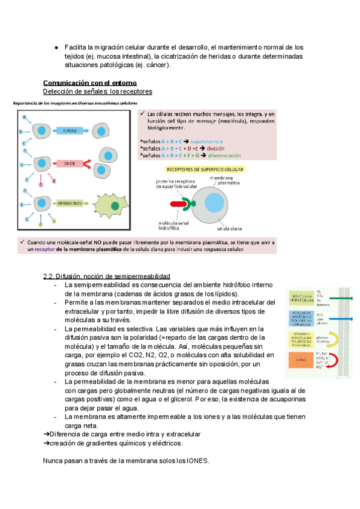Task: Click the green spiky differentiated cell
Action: (113, 206)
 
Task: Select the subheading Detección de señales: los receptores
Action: (98, 91)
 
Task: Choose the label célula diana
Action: (229, 228)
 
